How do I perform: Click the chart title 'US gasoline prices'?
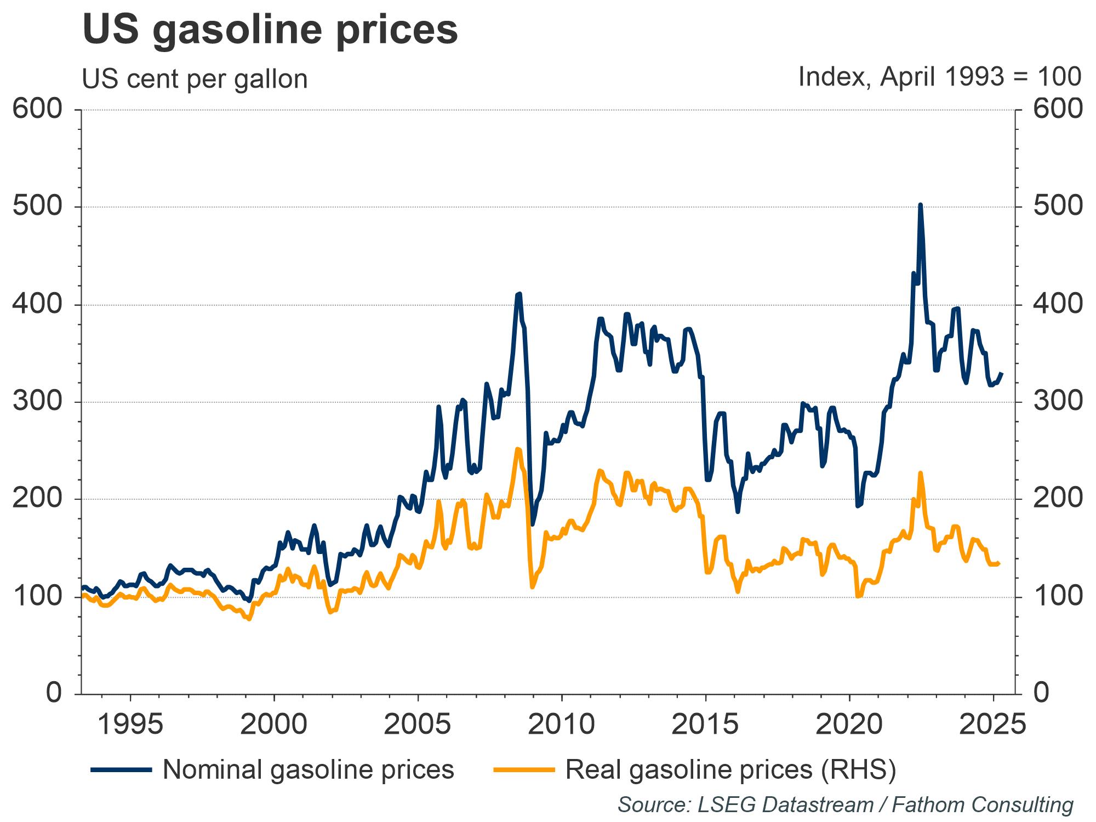(270, 30)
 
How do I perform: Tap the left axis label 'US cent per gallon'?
(195, 79)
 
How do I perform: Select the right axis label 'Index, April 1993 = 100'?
(939, 77)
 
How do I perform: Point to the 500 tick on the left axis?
(37, 207)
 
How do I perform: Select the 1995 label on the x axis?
(130, 724)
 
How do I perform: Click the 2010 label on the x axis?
(561, 724)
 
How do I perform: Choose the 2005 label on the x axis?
(417, 724)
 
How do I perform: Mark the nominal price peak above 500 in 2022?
(920, 205)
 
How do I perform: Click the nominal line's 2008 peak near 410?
(518, 294)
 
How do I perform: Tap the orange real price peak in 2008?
(518, 449)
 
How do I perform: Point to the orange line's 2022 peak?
(920, 472)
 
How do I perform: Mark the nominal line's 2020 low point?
(858, 506)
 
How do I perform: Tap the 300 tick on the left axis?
(37, 402)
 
